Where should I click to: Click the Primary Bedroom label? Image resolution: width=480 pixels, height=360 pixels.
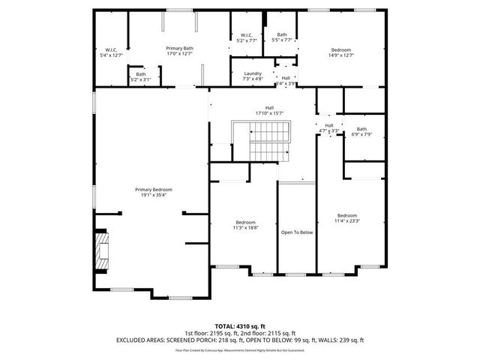153,190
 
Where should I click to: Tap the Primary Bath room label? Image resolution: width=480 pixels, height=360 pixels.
179,47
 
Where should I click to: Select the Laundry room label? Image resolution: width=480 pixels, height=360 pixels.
253,73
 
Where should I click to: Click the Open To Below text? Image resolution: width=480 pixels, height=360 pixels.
296,232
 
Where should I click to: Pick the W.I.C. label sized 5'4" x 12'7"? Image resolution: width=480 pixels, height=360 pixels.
110,50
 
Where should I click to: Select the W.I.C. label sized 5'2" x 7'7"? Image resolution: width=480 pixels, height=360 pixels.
247,35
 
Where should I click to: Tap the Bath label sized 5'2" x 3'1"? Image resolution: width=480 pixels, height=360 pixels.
141,73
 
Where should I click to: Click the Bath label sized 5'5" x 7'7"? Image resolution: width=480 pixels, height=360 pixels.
281,34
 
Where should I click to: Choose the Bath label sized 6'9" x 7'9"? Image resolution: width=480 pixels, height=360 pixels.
361,129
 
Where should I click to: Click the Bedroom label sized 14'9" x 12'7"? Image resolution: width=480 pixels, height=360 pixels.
341,50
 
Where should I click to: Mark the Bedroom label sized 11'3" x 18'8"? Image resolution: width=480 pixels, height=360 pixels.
245,223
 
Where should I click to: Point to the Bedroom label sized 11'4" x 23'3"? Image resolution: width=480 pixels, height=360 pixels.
346,215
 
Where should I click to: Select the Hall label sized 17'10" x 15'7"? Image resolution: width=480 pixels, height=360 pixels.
269,107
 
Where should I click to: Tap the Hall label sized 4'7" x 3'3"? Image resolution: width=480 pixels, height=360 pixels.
329,125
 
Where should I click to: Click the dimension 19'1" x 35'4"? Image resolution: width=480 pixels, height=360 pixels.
153,195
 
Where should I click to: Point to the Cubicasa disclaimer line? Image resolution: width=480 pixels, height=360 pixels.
239,349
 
